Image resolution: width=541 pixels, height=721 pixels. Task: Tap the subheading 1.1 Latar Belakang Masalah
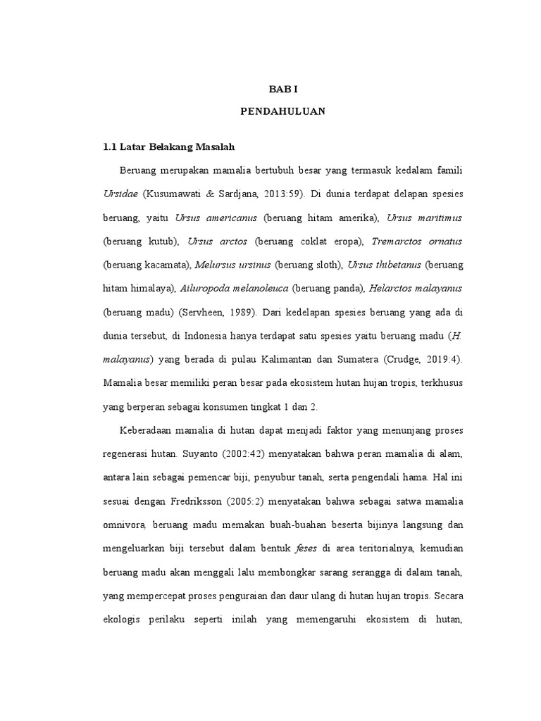[168, 147]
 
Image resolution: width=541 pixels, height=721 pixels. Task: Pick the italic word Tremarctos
[398, 241]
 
